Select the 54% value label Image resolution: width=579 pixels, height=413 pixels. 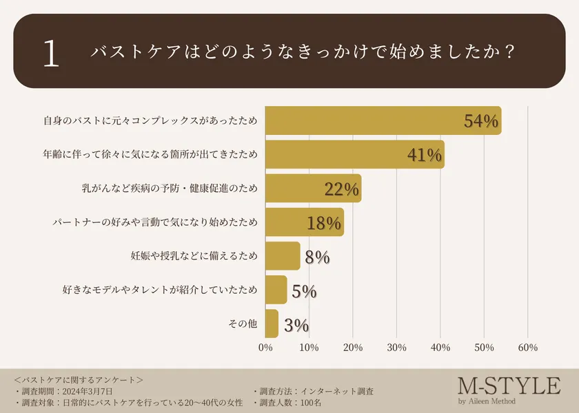pos(480,121)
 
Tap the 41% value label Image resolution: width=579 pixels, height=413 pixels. pos(424,155)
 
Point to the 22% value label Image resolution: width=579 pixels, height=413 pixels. pos(341,189)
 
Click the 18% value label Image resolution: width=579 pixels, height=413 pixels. pos(324,222)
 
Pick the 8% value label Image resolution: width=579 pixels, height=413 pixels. pos(317,257)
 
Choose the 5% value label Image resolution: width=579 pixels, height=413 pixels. pos(304,290)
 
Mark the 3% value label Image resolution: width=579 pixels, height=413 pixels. pos(296,324)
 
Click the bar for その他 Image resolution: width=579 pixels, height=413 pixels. pos(272,324)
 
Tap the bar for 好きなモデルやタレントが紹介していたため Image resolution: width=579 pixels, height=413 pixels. pos(276,290)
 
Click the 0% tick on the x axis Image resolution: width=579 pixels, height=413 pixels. pos(265,348)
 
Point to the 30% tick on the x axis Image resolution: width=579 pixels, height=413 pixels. pos(396,348)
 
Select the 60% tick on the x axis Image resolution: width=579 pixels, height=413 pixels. pos(527,348)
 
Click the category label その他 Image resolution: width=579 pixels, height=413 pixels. pos(242,324)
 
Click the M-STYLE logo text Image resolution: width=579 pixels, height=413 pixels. pos(509,385)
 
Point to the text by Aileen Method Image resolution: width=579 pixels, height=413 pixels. pos(486,401)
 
